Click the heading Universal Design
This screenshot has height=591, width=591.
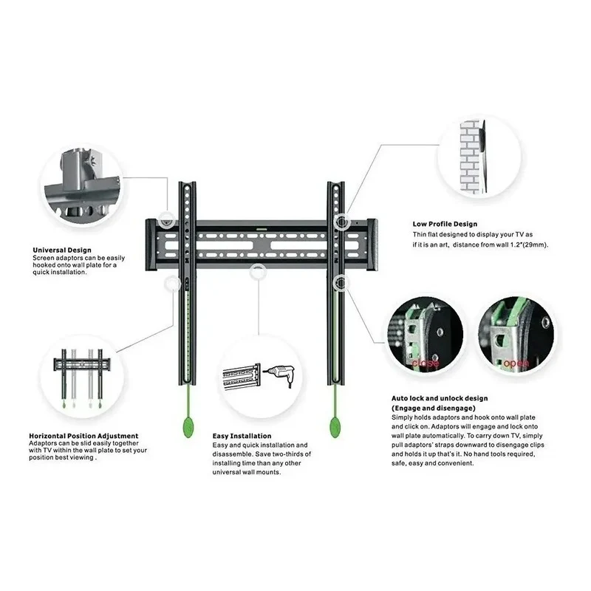point(62,250)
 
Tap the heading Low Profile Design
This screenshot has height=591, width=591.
point(445,224)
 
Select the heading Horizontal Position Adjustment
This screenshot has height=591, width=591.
point(83,436)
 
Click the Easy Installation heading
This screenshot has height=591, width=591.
point(242,436)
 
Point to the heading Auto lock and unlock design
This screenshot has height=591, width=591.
point(440,398)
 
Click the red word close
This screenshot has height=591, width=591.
point(426,363)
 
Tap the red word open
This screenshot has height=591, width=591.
point(516,363)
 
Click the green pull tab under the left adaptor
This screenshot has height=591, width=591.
point(188,427)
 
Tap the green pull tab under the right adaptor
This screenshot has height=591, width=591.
point(335,427)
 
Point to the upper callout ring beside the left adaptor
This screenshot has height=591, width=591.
point(166,220)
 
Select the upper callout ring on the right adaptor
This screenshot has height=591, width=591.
point(341,221)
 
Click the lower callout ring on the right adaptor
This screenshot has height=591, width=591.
point(341,282)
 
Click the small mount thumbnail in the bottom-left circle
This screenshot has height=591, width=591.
point(82,378)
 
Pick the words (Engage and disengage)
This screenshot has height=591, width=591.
point(434,408)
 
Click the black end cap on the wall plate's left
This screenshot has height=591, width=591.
point(151,245)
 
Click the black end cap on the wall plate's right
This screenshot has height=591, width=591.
point(372,245)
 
